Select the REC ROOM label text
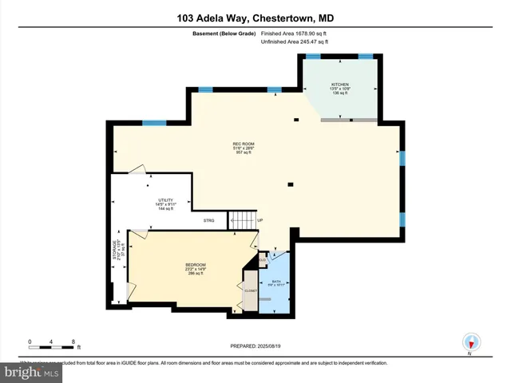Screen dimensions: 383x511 [244, 144]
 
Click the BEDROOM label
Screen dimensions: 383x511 [196, 265]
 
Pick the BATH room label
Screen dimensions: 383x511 [275, 282]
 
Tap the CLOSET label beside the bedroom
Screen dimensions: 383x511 [251, 290]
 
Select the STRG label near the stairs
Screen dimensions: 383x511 [208, 220]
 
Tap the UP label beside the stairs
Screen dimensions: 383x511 [259, 220]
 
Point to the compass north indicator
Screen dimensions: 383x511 [471, 343]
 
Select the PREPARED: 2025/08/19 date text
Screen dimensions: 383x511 [255, 345]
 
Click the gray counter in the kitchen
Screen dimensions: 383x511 [349, 120]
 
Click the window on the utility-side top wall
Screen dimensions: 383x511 [154, 123]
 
